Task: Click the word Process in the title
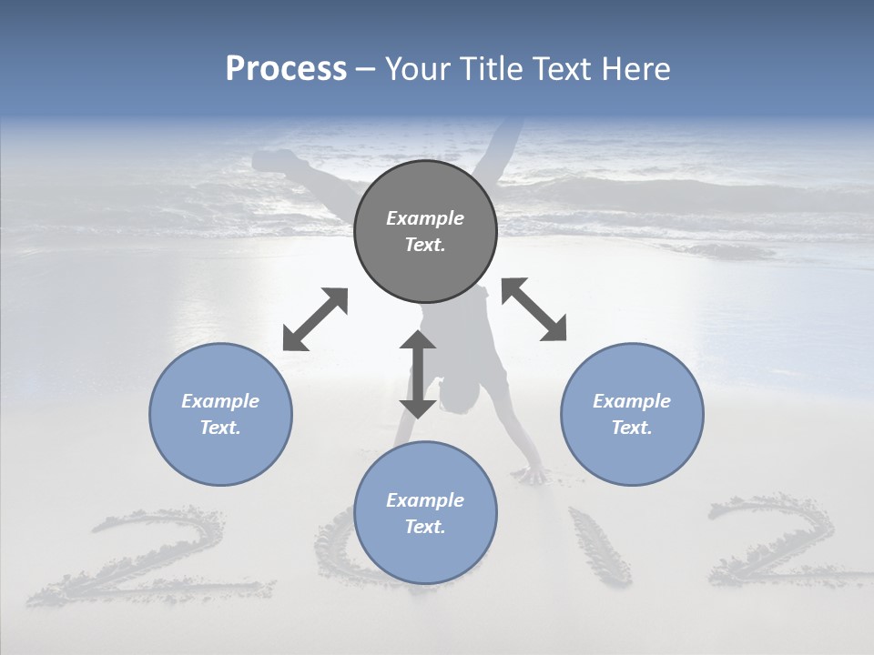click(x=286, y=69)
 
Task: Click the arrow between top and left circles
click(x=315, y=319)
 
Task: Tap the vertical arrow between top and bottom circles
click(x=418, y=374)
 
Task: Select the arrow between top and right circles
click(x=534, y=309)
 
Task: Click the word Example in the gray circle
click(x=425, y=218)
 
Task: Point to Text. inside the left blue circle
click(x=220, y=428)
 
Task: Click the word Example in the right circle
click(x=632, y=401)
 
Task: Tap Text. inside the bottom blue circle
click(x=425, y=527)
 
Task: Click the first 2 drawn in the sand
click(x=150, y=555)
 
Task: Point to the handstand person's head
click(x=457, y=390)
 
